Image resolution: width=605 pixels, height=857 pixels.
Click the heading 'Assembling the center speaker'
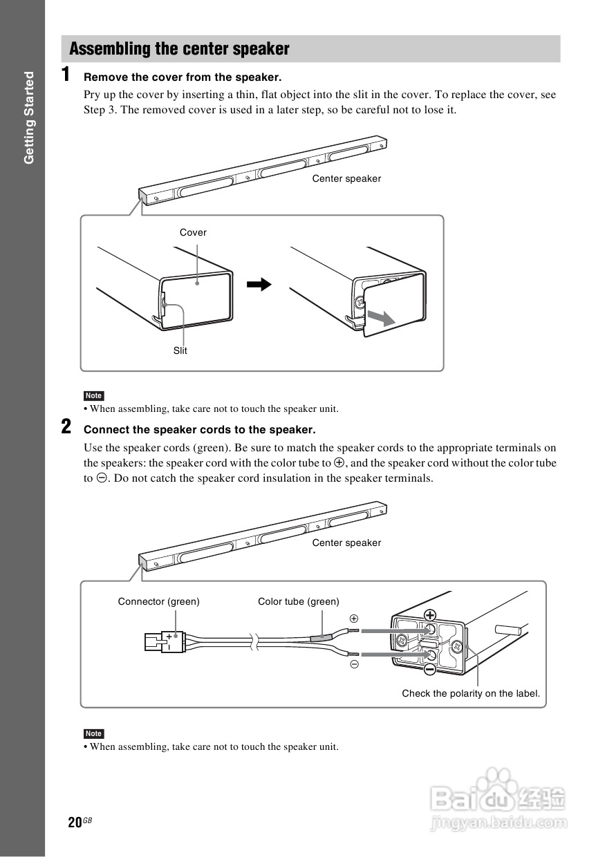[x=179, y=49]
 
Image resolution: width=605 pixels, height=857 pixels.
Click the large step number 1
[x=66, y=75]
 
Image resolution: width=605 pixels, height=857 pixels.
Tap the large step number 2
[x=66, y=426]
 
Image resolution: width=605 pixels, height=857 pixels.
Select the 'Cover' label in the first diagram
[x=193, y=232]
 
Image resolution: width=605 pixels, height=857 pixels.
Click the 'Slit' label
[x=180, y=350]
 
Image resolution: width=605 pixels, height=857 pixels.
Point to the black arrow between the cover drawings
[x=258, y=284]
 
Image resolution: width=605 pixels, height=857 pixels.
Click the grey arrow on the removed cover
[x=380, y=317]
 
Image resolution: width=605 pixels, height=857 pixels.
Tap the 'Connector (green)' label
[x=158, y=601]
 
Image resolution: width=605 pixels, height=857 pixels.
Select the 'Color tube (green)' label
[x=299, y=601]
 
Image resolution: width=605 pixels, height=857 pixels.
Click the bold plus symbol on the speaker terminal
[x=430, y=614]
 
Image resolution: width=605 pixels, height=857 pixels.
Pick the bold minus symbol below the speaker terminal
[x=429, y=669]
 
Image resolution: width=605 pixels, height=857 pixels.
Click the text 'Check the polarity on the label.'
[x=471, y=693]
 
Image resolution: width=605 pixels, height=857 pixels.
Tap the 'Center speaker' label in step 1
[x=346, y=178]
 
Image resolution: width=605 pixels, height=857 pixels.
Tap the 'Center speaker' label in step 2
[x=346, y=543]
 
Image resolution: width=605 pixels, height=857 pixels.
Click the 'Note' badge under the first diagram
[x=93, y=396]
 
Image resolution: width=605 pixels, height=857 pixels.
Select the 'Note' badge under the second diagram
[x=93, y=733]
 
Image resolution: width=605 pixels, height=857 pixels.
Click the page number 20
[x=75, y=822]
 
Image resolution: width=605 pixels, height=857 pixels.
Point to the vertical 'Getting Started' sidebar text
[x=29, y=117]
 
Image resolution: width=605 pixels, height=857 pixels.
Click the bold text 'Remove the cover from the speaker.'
[x=183, y=77]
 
